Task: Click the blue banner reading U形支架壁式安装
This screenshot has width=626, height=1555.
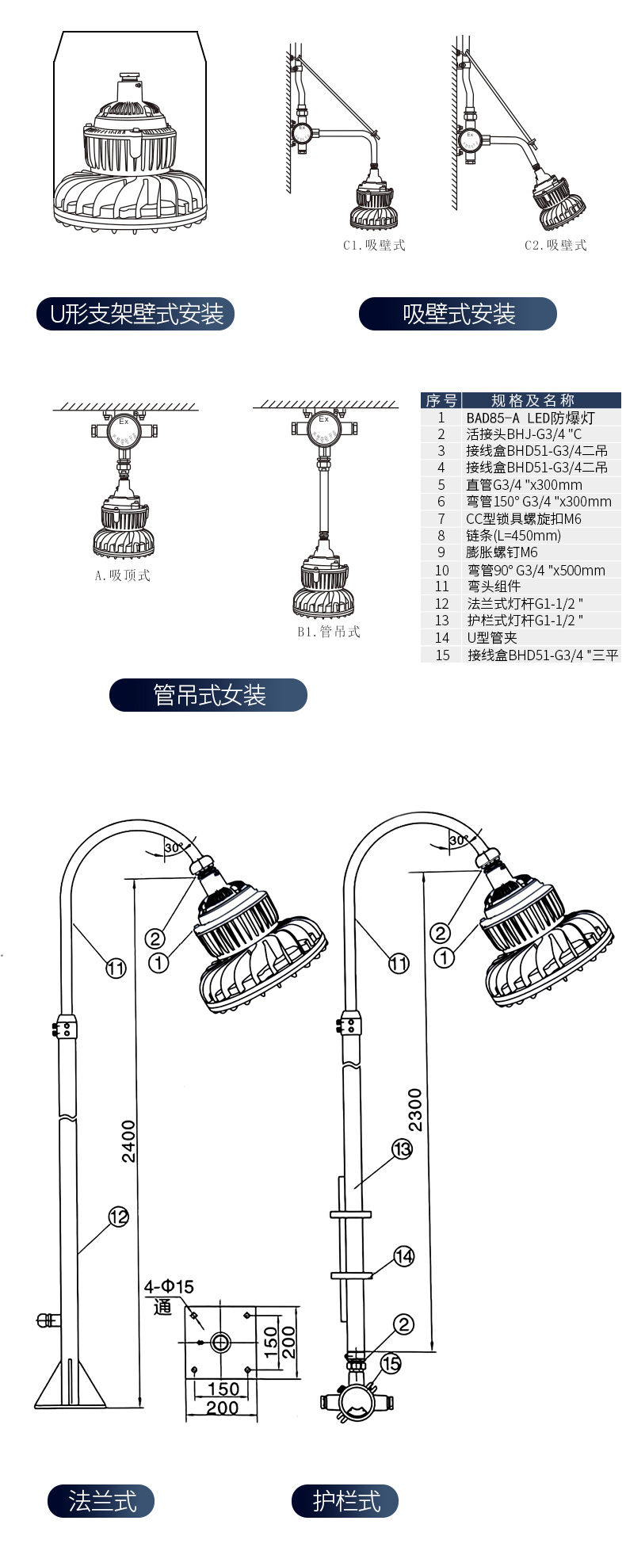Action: [x=136, y=315]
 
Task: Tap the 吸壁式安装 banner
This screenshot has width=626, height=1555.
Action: [x=458, y=314]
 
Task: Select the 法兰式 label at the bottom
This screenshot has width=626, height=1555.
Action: [x=101, y=1501]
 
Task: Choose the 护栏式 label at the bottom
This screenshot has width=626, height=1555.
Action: [x=345, y=1501]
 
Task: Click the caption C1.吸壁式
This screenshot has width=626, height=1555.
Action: [x=374, y=246]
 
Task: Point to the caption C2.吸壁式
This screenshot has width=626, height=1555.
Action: [x=555, y=246]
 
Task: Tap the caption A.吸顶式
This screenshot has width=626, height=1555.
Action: [x=122, y=575]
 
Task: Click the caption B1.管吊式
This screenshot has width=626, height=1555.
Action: [x=329, y=632]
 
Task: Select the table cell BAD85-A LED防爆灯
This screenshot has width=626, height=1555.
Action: [x=530, y=418]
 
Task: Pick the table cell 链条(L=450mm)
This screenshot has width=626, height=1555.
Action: [x=513, y=536]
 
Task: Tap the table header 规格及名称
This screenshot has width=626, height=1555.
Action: [x=532, y=400]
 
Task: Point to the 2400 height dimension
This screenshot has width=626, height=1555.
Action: [x=129, y=1141]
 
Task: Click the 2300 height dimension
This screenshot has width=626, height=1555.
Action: [x=415, y=1110]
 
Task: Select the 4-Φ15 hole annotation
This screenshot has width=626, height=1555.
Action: [x=169, y=1286]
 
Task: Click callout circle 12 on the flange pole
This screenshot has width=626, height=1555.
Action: [x=118, y=1216]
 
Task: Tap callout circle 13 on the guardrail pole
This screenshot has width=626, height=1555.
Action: [x=403, y=1148]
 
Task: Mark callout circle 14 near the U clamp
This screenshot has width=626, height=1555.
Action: [x=404, y=1256]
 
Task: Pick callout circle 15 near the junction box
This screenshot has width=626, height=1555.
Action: [x=391, y=1363]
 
